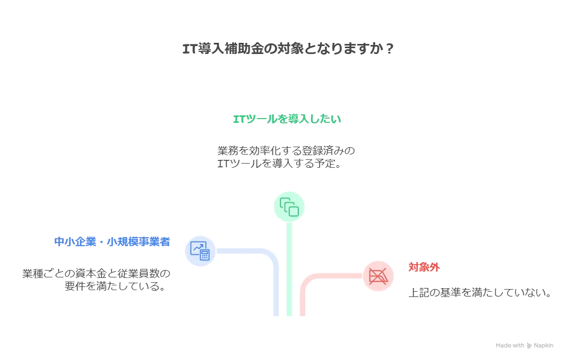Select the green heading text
point(288,120)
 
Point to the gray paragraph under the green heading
point(286,157)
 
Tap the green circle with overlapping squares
point(290,206)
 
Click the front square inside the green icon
point(293,210)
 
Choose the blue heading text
point(111,242)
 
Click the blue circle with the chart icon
point(200,250)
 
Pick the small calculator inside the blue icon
point(204,255)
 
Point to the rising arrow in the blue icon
point(198,247)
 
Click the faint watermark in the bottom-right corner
point(525,346)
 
